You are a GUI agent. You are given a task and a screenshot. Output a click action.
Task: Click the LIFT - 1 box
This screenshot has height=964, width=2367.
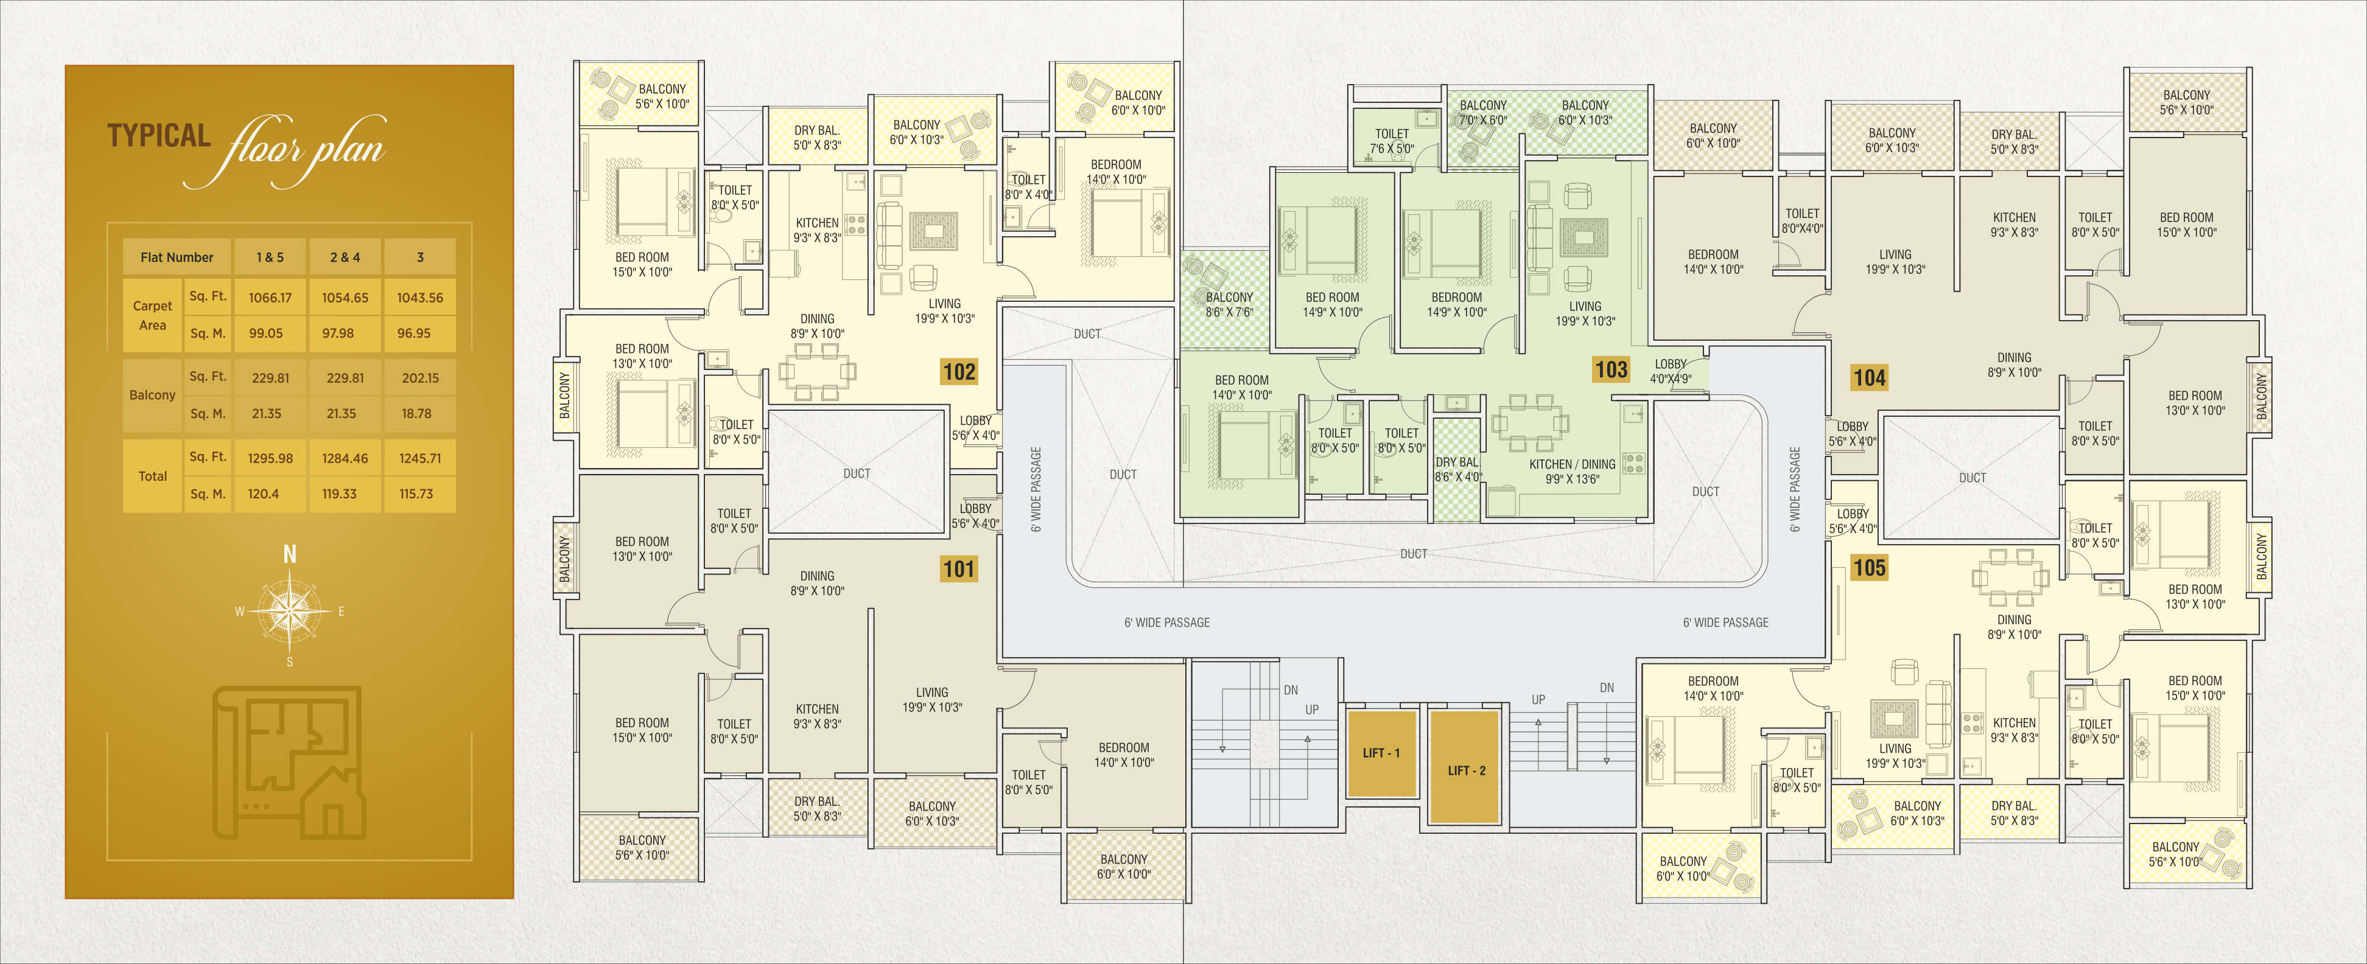tap(1381, 753)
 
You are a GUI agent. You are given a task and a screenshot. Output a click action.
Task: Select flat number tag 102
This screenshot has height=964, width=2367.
tap(958, 371)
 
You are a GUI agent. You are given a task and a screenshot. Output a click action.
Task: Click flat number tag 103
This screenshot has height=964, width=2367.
tap(1611, 369)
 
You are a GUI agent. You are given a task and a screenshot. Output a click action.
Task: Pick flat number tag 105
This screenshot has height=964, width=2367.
tap(1870, 568)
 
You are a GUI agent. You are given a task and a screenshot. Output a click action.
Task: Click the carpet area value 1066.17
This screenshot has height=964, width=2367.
tap(270, 298)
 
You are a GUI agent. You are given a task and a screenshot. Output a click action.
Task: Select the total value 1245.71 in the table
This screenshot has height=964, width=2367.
tap(420, 458)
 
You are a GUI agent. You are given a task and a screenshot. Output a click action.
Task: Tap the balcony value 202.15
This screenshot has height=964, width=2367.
tap(420, 378)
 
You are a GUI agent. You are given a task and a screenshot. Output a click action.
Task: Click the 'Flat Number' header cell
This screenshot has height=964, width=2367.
tap(177, 257)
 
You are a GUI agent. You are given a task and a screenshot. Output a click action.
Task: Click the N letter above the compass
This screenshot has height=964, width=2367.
tap(289, 554)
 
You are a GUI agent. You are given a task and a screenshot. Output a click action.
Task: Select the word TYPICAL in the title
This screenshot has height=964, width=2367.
tap(159, 136)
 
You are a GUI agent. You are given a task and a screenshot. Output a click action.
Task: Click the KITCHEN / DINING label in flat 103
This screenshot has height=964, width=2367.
tap(1572, 465)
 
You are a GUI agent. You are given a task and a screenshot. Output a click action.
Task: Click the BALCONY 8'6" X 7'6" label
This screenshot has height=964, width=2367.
tap(1229, 304)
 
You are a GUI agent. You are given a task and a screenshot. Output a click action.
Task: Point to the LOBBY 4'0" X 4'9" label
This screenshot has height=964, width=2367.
tap(1671, 371)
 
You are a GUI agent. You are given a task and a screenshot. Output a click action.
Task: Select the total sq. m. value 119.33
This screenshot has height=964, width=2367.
tap(339, 494)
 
